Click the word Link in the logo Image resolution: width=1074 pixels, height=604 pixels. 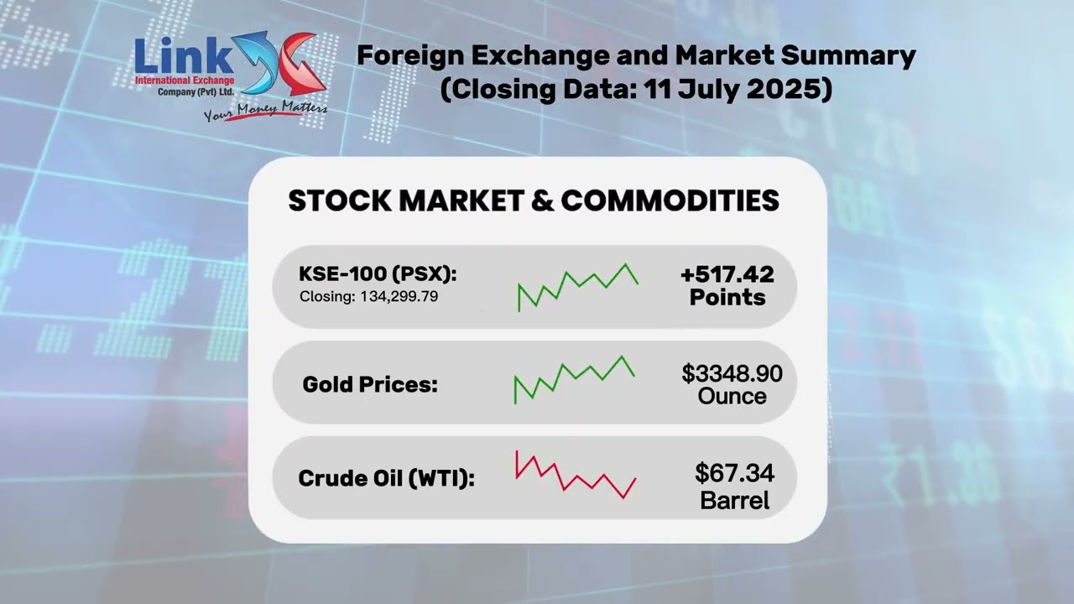183,56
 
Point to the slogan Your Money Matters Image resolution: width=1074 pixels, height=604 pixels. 265,111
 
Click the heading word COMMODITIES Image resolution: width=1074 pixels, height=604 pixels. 670,201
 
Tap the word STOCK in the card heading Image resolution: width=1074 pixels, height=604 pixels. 338,201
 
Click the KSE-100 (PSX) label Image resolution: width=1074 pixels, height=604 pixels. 378,274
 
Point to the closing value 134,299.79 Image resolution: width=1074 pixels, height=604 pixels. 399,297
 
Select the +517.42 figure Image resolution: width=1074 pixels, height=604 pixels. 727,274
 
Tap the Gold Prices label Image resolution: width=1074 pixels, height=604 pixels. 370,385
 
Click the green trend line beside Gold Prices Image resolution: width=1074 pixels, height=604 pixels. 575,378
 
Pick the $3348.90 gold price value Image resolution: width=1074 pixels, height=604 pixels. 732,373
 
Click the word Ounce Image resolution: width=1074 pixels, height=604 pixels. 732,396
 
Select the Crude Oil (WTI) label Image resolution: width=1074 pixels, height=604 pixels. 386,479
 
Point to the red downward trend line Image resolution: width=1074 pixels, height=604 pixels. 576,476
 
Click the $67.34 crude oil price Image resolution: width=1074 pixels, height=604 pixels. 734,474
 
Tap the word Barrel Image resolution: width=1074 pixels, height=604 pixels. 734,502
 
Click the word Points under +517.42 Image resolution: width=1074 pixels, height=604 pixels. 727,298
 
